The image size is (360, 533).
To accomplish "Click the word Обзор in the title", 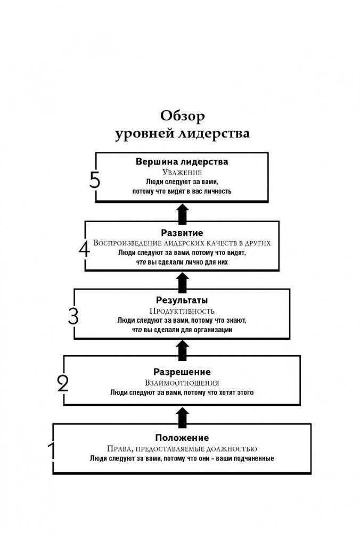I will click(182, 116).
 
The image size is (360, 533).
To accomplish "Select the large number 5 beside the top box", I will click(95, 181).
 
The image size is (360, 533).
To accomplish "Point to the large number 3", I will click(73, 317).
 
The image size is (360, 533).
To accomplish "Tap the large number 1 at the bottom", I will click(52, 451).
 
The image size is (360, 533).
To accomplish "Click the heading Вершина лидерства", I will click(182, 161).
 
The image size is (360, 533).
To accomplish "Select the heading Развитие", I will click(182, 233).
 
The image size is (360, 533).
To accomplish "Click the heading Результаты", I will click(182, 300).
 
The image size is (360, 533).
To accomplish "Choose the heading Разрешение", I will click(182, 372).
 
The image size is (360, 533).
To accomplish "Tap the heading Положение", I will click(182, 438).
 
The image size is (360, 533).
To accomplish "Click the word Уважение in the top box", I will click(182, 173).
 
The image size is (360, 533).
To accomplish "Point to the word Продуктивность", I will click(182, 310).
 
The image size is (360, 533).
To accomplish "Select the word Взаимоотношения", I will click(182, 382).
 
